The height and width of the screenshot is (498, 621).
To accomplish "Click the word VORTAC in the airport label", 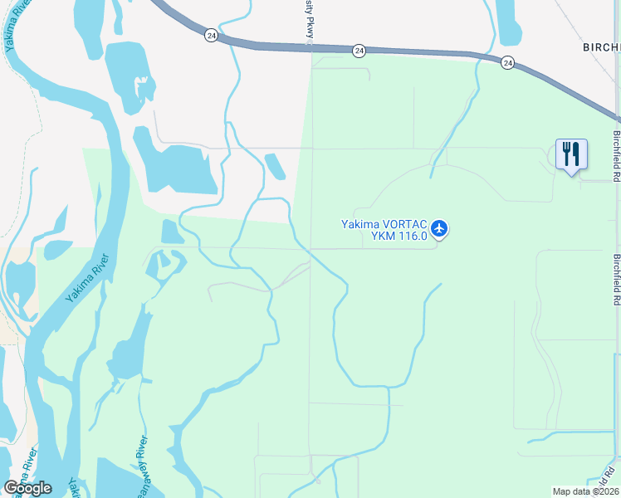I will tap(405, 224).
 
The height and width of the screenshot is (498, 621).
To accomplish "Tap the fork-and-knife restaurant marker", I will tap(571, 154).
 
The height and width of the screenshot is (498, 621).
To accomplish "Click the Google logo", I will tap(27, 488).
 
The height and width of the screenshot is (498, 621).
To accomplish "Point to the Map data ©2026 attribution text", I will tap(585, 491).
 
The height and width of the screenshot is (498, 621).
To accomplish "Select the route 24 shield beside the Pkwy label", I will tap(359, 51).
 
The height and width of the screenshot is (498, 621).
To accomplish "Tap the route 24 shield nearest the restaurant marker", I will tap(507, 62).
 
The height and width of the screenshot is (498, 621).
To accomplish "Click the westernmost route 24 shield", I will tap(211, 36).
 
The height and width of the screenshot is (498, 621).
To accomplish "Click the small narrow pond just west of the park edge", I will tap(276, 166).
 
